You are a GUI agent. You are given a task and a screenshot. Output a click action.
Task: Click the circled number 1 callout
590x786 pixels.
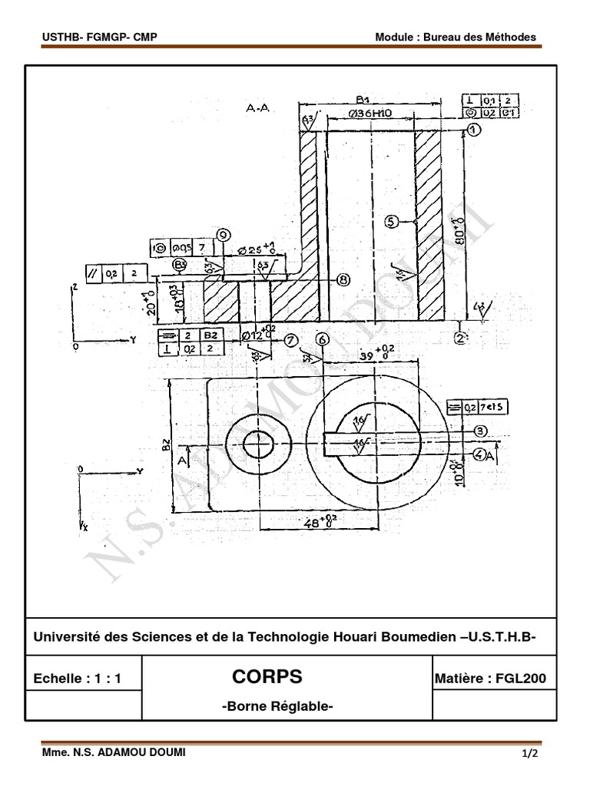coord(474,130)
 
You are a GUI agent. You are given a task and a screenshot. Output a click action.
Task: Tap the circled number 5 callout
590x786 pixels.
coord(391,221)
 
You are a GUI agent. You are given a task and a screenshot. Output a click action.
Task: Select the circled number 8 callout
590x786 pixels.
coord(343,280)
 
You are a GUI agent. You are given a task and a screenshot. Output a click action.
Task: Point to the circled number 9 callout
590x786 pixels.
coord(224,235)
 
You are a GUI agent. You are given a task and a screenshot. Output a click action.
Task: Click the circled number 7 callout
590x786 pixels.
coord(290,339)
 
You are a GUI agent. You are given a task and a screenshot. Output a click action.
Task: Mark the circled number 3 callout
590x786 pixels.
coord(480,431)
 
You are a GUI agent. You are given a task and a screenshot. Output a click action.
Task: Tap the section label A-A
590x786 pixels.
coord(257,109)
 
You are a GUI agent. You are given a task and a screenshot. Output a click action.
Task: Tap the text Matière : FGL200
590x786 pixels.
coord(490,678)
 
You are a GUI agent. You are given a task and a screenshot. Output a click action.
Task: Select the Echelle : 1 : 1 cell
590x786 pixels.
coord(78,679)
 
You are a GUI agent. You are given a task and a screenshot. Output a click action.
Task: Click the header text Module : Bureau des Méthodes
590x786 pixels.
coord(455,37)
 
